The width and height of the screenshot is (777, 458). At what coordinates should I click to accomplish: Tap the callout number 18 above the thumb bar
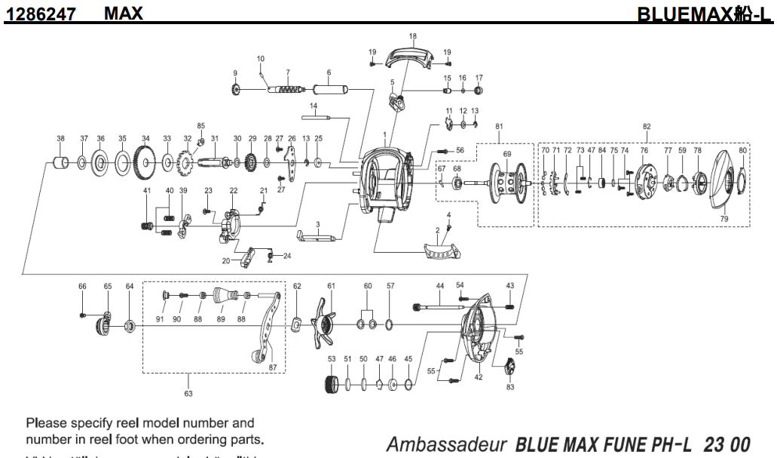(x=412, y=36)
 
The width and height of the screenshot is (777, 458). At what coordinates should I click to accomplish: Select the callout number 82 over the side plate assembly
(x=646, y=127)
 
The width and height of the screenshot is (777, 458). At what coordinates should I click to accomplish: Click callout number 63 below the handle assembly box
(x=188, y=393)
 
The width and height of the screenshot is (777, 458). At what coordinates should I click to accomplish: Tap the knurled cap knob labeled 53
(x=332, y=385)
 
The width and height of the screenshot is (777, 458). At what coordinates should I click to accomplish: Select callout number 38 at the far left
(x=60, y=139)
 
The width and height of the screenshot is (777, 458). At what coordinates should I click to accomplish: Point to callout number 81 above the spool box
(x=498, y=126)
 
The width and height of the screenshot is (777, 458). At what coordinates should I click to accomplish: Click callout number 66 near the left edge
(x=83, y=286)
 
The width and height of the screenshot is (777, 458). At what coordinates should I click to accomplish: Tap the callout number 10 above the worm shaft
(x=261, y=58)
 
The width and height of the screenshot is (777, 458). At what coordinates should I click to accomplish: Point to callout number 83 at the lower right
(x=510, y=387)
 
